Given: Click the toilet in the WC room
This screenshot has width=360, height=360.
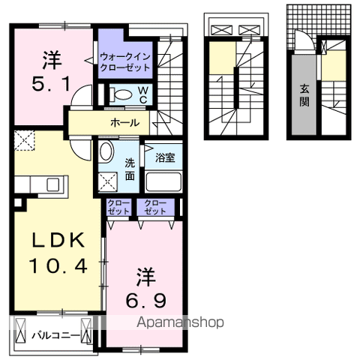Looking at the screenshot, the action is (121, 94).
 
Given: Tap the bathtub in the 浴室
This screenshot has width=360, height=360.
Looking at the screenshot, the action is (163, 181).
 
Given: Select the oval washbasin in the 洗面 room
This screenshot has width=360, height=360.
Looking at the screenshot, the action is (106, 151).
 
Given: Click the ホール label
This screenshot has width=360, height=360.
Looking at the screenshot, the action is (124, 123).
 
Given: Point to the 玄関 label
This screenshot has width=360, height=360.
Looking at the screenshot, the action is (304, 95).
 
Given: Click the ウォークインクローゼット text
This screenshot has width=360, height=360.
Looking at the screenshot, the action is (125, 62).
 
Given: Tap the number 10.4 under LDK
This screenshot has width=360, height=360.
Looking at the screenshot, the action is (58, 266).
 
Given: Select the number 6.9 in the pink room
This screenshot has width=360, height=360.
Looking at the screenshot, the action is (146, 301).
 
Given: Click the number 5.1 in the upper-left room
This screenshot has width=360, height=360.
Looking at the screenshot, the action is (51, 84).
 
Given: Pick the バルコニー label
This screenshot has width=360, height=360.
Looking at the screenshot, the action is (56, 335).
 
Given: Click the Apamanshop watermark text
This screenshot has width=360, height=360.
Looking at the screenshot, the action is (180, 322).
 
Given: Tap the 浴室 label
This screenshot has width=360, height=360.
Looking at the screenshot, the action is (165, 158).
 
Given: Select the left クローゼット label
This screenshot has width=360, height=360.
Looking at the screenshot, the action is (118, 207).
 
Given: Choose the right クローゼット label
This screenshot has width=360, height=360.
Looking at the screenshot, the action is (155, 207).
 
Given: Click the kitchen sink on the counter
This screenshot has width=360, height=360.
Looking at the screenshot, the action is (53, 184).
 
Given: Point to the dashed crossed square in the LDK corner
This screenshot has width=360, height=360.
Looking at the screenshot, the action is (24, 140).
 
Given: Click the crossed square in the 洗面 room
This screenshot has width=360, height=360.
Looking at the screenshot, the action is (108, 181).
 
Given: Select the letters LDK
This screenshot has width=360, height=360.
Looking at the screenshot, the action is (58, 240).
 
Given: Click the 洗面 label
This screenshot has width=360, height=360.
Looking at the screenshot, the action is (130, 170).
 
